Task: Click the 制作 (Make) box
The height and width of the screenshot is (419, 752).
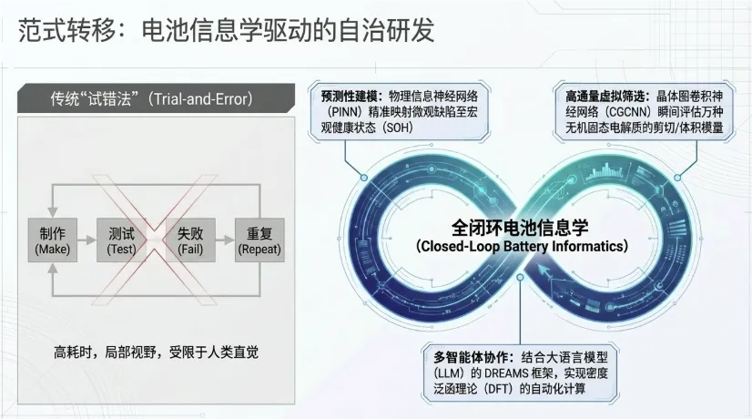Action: point(52,240)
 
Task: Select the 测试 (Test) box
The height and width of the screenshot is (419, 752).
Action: point(121,240)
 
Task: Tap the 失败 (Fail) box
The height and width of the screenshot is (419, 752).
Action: point(190,240)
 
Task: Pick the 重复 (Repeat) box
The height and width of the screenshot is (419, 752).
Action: point(259,240)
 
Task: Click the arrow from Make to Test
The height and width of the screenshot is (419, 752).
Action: point(86,240)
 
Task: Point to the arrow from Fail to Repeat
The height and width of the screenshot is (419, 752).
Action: point(225,240)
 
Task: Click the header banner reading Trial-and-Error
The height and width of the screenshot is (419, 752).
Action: point(156,99)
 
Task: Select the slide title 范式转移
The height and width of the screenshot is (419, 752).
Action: point(67,30)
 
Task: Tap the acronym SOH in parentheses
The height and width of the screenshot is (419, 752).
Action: point(398,128)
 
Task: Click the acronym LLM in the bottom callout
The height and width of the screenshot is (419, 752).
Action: point(450,373)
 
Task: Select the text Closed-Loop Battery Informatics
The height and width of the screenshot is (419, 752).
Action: point(522,247)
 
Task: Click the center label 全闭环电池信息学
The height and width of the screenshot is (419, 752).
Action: point(520,227)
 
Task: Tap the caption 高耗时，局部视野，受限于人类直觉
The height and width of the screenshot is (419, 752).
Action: point(156,353)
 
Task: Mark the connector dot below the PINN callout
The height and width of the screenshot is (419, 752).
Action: point(364,178)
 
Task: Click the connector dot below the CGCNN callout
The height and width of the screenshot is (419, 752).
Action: point(677,178)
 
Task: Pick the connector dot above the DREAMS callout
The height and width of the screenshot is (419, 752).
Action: point(521,277)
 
